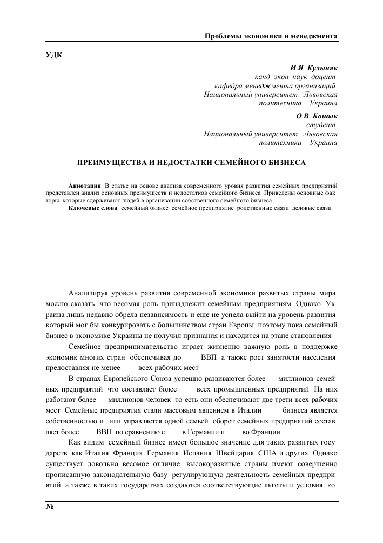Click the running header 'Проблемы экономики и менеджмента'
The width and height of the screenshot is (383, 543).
pyautogui.click(x=271, y=36)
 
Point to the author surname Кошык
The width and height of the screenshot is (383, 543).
pyautogui.click(x=326, y=116)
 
